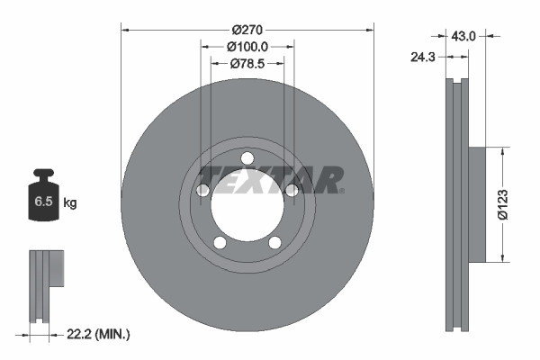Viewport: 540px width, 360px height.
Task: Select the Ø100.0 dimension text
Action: click(247, 45)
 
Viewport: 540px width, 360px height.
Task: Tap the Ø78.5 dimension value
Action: click(247, 64)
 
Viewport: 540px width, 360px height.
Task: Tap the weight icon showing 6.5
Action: click(43, 202)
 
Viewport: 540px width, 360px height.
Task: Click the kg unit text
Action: click(70, 203)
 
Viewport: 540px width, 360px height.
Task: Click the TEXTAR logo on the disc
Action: click(270, 180)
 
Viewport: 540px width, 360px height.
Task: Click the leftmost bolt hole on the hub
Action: click(203, 190)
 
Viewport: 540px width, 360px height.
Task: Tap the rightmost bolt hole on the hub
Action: click(292, 190)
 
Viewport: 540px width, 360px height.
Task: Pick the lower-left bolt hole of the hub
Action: click(220, 241)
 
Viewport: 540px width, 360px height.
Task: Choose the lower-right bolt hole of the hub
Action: click(274, 241)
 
